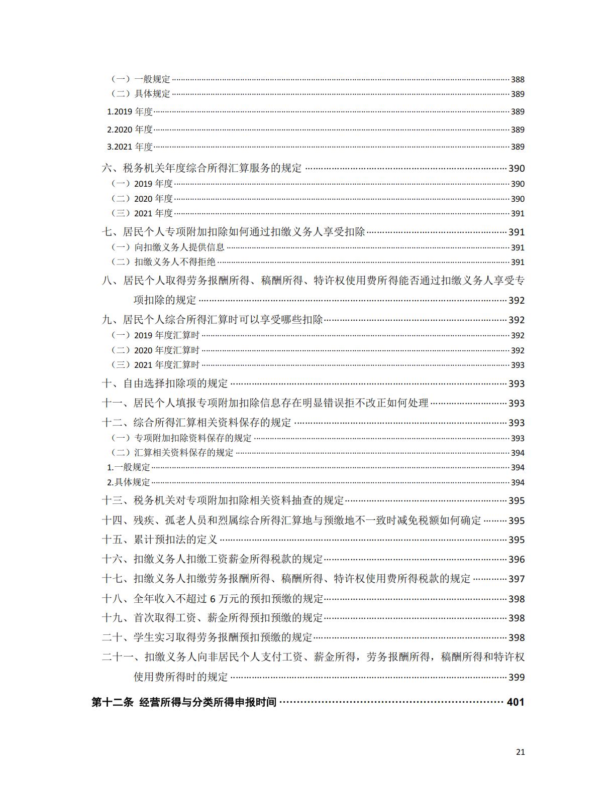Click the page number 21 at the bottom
520,752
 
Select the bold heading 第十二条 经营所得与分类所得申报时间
184,702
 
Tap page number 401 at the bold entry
516,702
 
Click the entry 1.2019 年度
130,111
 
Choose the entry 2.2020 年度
130,129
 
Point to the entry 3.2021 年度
130,147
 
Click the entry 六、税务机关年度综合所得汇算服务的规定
202,169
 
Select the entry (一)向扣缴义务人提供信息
168,247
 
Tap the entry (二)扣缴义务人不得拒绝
163,261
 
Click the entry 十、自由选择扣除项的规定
165,383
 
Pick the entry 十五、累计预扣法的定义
160,540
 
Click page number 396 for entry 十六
517,559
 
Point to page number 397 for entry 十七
517,579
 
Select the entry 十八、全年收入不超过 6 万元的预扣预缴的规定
213,598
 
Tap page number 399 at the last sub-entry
517,677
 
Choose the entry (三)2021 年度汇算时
155,365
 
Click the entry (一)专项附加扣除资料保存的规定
181,438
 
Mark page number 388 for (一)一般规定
518,79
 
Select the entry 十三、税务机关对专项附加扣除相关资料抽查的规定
223,500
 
